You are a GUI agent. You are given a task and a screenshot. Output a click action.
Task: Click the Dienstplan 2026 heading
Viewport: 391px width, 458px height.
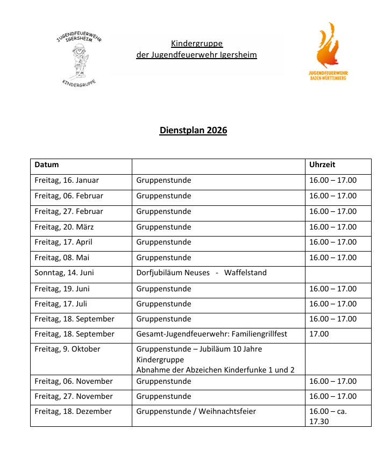(193, 131)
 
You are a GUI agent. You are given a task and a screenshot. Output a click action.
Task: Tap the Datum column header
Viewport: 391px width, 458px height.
(47, 164)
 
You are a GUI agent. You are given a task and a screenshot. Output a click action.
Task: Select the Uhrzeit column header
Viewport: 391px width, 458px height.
(322, 164)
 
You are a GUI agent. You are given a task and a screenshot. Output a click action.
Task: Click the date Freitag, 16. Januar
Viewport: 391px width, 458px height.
(67, 181)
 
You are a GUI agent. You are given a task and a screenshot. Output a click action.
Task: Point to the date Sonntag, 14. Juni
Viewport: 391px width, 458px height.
(64, 273)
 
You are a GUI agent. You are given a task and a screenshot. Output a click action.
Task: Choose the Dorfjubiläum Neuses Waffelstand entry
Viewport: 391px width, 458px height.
(201, 273)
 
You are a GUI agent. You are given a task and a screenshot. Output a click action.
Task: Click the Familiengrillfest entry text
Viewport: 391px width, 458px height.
(211, 334)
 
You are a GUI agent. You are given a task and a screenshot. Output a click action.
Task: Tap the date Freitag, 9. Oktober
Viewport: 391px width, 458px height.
(67, 349)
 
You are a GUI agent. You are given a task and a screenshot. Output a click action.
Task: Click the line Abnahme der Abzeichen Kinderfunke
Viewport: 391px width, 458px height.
(215, 369)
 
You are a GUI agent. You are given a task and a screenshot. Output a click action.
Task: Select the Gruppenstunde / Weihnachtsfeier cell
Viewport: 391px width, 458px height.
(196, 411)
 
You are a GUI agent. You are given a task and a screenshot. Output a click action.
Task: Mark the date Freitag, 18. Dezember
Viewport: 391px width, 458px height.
(73, 411)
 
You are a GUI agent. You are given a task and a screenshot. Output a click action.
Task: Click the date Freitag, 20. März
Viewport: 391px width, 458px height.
(64, 227)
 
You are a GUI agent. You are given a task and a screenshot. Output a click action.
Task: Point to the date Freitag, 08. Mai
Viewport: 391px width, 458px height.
(62, 257)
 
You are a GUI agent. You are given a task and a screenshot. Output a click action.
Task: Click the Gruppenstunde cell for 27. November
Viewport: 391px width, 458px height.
(163, 396)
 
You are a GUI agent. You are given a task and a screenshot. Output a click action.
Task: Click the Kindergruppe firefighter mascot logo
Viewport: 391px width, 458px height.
(79, 59)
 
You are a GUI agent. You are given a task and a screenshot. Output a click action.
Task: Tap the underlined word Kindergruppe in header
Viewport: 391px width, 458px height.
(197, 44)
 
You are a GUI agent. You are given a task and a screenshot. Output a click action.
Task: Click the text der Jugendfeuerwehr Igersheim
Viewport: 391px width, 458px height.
(196, 55)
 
